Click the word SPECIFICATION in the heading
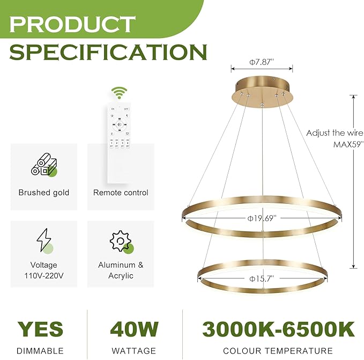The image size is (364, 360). [107, 53]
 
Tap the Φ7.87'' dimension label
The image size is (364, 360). [262, 62]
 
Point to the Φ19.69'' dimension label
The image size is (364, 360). [262, 218]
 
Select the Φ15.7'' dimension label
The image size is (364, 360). [262, 279]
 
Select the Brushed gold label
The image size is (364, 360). [44, 193]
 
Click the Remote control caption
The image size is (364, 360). [121, 193]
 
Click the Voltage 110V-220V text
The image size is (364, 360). [44, 270]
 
